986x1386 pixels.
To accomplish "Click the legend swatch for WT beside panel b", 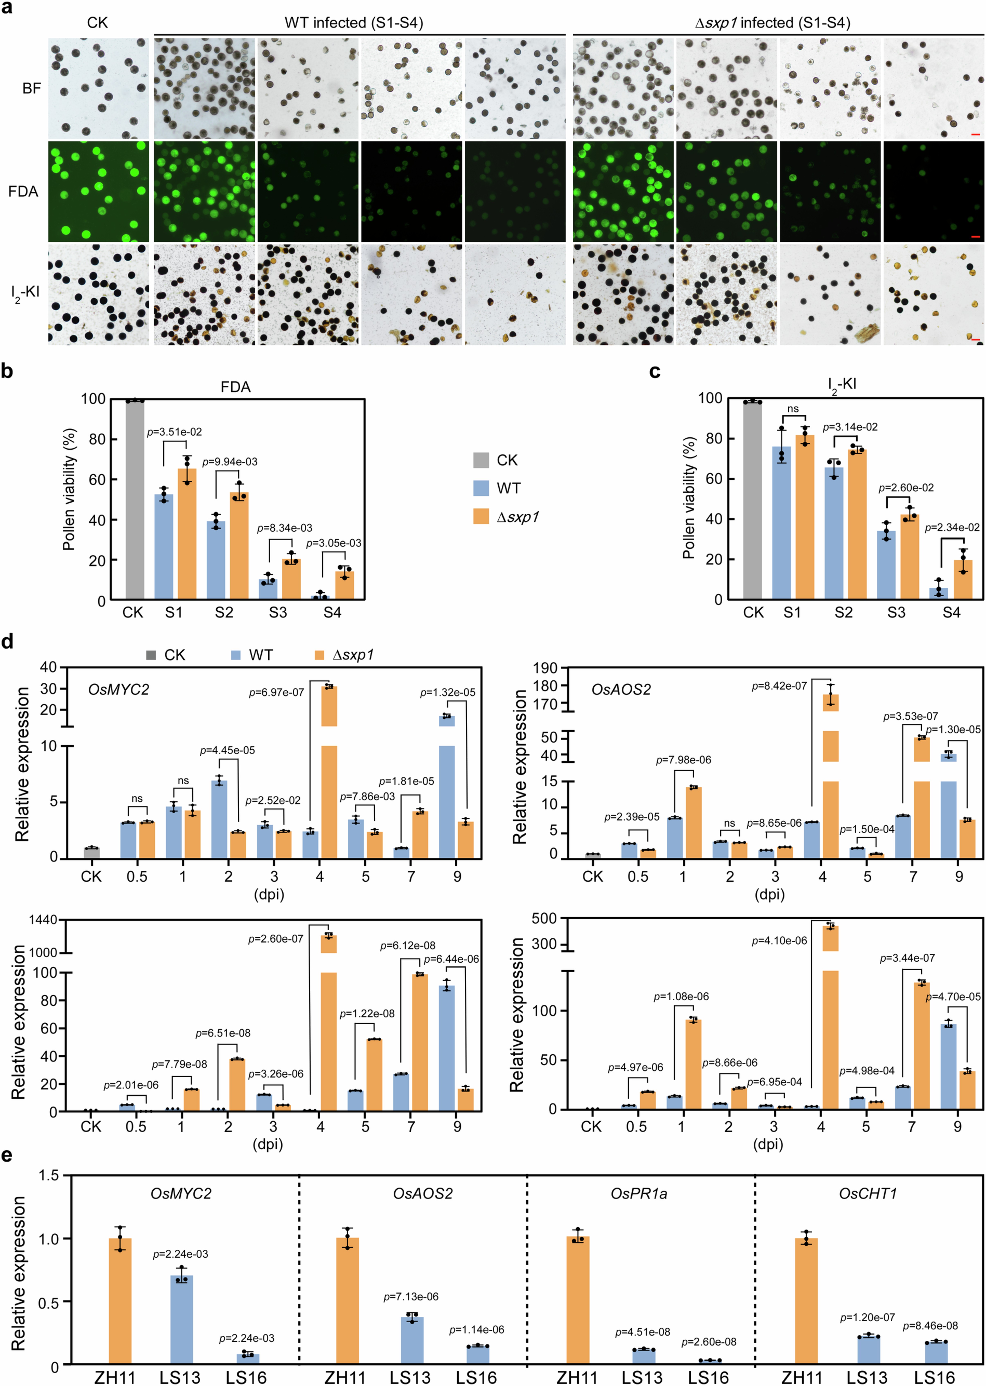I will [481, 488].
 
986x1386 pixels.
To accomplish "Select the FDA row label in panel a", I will [23, 192].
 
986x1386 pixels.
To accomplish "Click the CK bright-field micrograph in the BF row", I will [98, 89].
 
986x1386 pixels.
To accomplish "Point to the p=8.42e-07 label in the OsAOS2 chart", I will [779, 686].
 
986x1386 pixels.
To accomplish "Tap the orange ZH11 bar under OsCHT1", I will [806, 1302].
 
